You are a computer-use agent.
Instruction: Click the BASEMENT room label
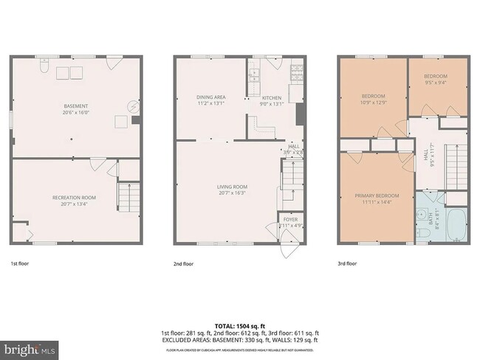(75, 107)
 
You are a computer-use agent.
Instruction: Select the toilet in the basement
(44, 69)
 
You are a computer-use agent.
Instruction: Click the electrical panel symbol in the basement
(134, 106)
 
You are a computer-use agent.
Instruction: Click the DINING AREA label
(210, 97)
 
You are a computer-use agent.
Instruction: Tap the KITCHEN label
(272, 97)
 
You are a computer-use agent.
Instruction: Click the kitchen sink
(253, 73)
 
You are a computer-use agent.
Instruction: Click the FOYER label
(289, 219)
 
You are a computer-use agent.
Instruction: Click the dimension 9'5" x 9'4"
(435, 83)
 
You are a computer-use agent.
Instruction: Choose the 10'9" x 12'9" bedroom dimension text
(373, 103)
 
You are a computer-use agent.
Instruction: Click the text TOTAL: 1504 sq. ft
(240, 325)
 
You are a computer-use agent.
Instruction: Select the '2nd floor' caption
(183, 263)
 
